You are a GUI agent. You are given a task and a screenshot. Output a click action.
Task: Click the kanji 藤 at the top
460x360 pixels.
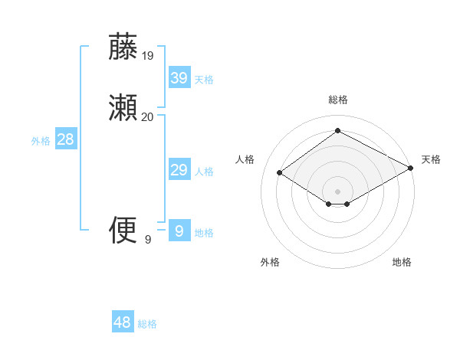click(x=123, y=47)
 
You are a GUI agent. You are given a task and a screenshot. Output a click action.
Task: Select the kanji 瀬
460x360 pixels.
click(x=123, y=108)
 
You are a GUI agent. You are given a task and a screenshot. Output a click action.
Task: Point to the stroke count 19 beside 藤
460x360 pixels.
click(x=148, y=56)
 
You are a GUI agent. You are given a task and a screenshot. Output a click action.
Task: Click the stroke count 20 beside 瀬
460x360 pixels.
click(x=148, y=116)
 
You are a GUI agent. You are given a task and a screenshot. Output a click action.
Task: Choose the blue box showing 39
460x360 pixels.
click(x=179, y=78)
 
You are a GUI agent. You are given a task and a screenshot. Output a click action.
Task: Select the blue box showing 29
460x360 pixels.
click(x=179, y=170)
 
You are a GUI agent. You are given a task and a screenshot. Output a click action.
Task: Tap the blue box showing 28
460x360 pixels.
click(x=65, y=139)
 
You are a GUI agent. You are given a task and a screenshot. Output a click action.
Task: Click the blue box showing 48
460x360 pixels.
click(x=123, y=322)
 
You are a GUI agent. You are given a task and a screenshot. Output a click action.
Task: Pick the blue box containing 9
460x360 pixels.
click(x=179, y=231)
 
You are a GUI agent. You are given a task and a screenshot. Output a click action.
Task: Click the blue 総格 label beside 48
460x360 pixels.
click(x=147, y=324)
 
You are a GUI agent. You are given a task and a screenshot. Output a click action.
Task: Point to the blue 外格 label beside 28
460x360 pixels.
click(x=41, y=141)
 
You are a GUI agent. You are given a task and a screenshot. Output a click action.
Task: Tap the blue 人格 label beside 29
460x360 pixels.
click(x=205, y=172)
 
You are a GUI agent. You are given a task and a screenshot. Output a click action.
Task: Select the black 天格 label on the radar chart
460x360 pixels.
click(x=431, y=159)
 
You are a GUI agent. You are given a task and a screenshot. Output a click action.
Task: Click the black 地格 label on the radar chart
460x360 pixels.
click(x=402, y=262)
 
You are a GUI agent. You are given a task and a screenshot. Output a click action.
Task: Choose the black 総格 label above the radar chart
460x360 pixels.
click(x=338, y=100)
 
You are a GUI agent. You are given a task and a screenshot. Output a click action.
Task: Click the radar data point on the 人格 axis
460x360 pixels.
click(x=280, y=172)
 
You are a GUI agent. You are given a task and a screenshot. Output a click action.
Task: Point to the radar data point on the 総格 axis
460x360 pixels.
click(x=338, y=130)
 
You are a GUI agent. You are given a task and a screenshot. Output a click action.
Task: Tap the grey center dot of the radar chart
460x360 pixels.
click(x=338, y=191)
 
